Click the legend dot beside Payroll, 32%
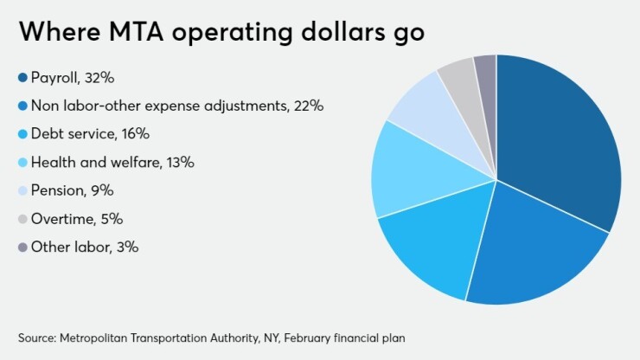22,79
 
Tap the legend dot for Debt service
22,134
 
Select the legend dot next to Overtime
22,219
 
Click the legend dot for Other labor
22,247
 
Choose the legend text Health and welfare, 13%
112,163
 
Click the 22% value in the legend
308,106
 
